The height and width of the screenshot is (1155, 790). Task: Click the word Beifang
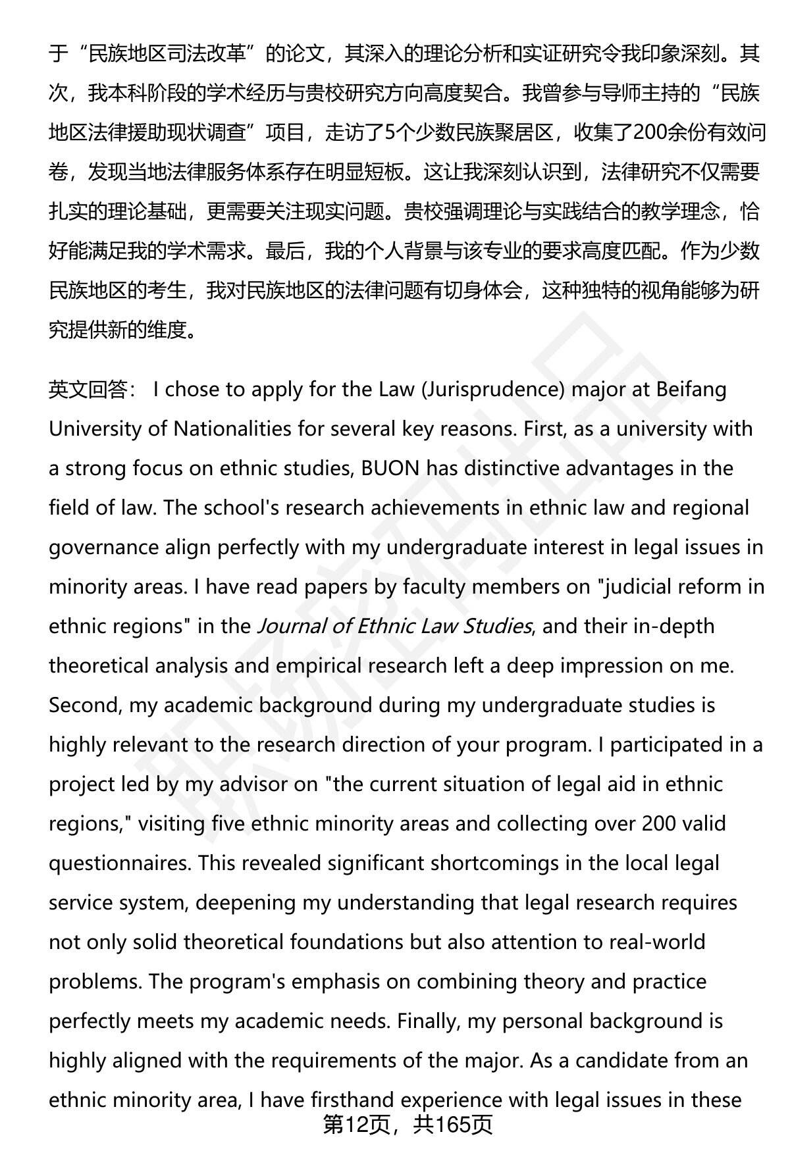691,390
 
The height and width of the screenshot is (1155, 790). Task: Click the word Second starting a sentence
85,705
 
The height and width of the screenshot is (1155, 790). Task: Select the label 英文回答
88,390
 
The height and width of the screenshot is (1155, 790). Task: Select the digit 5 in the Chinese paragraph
389,133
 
